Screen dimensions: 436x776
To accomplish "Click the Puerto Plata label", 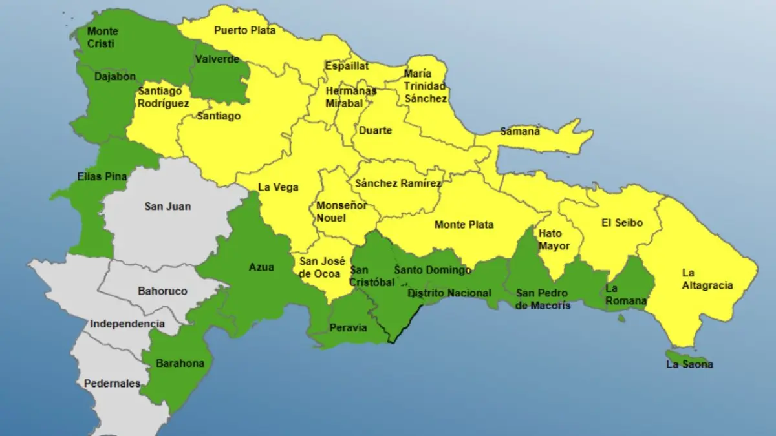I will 244,30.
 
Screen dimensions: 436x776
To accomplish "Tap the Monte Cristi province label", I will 102,37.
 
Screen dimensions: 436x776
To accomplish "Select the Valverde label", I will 217,59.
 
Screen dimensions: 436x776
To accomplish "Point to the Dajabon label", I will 114,76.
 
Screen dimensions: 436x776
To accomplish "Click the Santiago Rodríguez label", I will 163,97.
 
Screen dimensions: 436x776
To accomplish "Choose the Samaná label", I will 520,131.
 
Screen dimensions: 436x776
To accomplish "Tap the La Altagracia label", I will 707,279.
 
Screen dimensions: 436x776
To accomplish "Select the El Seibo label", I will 622,223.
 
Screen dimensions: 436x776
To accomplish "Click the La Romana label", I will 625,295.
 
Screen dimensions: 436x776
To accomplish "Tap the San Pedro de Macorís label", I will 543,299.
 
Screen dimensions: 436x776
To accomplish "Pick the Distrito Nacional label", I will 449,293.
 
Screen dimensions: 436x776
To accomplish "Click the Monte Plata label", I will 464,225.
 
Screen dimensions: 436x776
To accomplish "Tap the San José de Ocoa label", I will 322,267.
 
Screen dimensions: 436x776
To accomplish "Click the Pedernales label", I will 112,384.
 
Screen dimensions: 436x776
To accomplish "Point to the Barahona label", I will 180,363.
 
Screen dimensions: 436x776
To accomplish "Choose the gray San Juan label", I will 167,207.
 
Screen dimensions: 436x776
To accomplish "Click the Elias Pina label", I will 102,176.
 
